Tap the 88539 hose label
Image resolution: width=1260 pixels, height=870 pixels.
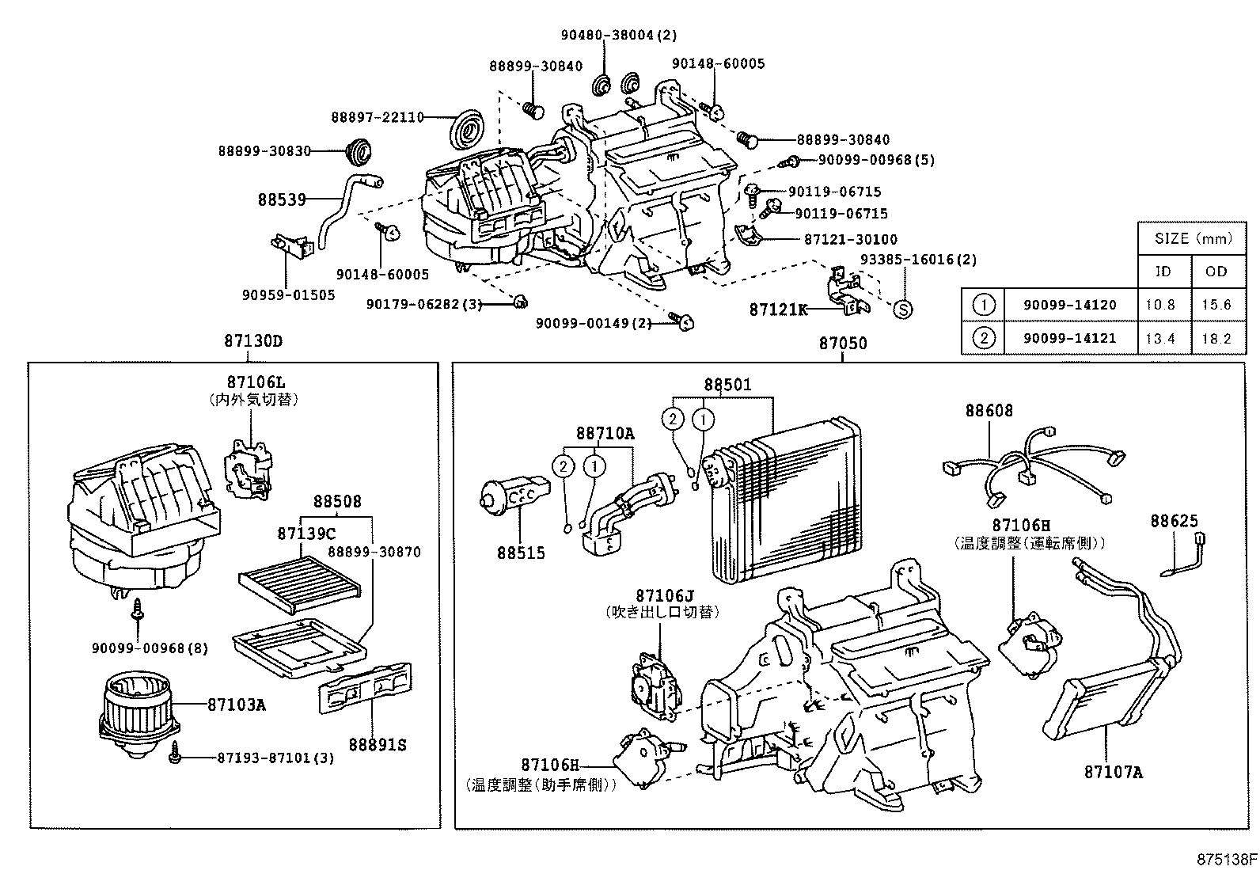281,199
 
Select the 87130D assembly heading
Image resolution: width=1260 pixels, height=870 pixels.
252,342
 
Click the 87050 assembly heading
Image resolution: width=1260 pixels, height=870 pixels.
842,343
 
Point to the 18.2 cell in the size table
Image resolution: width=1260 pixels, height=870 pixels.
1216,338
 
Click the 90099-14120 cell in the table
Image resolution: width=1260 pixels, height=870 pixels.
1070,304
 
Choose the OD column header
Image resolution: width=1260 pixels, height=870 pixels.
1216,271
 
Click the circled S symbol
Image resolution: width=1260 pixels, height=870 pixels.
902,310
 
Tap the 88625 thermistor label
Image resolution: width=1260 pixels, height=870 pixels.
1174,521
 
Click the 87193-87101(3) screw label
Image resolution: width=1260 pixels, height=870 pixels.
275,758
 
